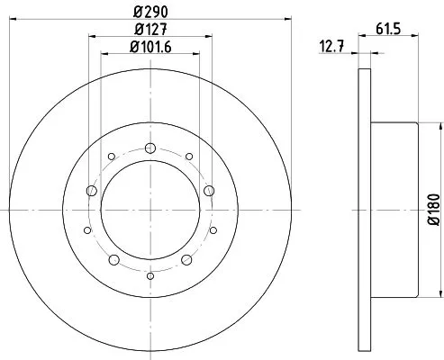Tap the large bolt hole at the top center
coord(150,148)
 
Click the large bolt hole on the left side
coord(91,190)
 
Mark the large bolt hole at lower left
coord(113,260)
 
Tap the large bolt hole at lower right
coord(186,260)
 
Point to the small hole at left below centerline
coord(86,229)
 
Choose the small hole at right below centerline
coord(213,229)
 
